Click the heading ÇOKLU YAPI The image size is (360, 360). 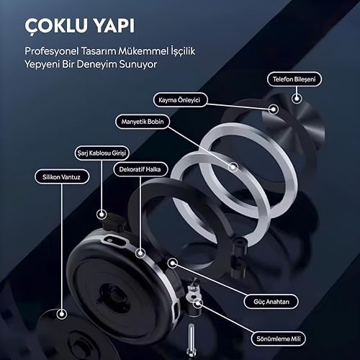(80, 26)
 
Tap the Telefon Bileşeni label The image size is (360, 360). (294, 79)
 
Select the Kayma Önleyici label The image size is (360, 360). (179, 100)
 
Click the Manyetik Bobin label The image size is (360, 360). (143, 122)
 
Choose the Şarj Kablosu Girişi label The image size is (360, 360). (102, 153)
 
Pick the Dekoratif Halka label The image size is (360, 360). (140, 169)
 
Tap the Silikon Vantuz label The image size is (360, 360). (62, 177)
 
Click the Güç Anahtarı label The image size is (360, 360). (271, 302)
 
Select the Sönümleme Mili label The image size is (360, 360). (279, 339)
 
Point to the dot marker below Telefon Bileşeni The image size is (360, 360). (297, 99)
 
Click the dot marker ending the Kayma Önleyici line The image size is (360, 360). (274, 109)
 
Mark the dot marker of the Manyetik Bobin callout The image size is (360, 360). (233, 167)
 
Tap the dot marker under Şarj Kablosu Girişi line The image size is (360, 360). (102, 215)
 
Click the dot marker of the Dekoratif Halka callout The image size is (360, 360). (140, 253)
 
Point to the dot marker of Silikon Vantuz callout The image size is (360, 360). (62, 314)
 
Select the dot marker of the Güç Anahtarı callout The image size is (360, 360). (172, 264)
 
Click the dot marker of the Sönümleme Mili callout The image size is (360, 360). (197, 303)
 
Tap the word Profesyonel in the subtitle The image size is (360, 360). (52, 51)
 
